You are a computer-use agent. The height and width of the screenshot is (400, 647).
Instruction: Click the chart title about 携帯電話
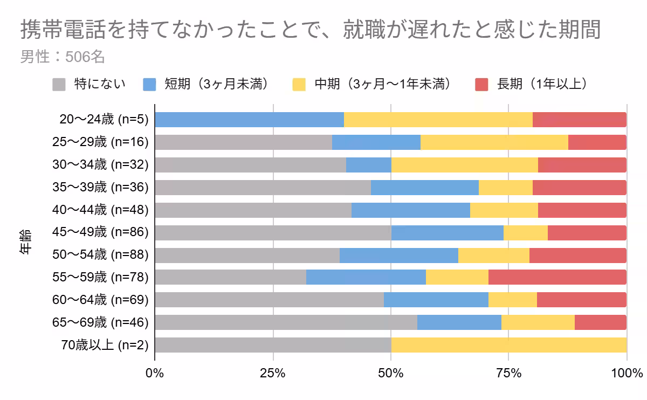tap(311, 30)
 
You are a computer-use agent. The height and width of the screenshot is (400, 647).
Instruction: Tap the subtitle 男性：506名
tap(62, 57)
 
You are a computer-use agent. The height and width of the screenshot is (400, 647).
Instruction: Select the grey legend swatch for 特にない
tap(59, 84)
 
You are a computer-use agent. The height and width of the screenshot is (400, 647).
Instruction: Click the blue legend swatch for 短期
tap(149, 84)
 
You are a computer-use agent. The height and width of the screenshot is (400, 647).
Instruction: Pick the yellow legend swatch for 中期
tap(299, 84)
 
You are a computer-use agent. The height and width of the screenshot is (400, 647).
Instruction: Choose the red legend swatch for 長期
tap(481, 84)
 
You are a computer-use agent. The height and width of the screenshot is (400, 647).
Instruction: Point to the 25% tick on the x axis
tap(273, 373)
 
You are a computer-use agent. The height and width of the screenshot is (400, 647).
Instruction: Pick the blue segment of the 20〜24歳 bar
tap(249, 120)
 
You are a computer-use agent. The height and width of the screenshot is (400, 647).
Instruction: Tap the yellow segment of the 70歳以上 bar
tap(508, 345)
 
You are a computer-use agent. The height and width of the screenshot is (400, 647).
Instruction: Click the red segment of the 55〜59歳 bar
tap(557, 277)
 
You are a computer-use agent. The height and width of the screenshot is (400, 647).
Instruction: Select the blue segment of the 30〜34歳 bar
tap(368, 165)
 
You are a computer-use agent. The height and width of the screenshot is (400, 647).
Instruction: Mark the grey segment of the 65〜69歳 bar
tap(286, 322)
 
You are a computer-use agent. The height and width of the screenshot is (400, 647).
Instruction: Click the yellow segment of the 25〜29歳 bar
tap(494, 142)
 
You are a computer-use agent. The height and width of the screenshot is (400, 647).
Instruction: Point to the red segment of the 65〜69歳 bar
tap(600, 322)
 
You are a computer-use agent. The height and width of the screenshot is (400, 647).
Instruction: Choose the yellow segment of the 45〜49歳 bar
tap(525, 232)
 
